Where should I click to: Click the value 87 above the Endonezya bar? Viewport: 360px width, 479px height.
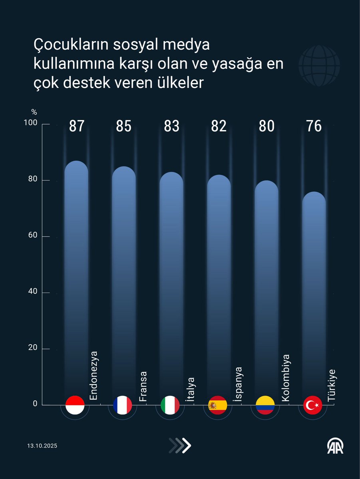click(76, 126)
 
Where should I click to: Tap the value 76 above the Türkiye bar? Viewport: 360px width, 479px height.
click(314, 126)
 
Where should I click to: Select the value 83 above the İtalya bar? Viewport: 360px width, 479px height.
click(171, 126)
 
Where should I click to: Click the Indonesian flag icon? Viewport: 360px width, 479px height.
click(75, 405)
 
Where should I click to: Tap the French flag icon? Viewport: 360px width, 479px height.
click(122, 405)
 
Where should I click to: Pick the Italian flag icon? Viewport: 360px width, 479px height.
click(170, 405)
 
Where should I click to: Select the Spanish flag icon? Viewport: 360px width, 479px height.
click(218, 405)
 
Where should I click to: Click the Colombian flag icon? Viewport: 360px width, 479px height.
click(265, 405)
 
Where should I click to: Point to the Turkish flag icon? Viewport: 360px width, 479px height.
click(313, 405)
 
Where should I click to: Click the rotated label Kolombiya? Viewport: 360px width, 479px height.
click(285, 378)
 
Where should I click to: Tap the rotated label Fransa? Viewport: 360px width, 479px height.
click(143, 386)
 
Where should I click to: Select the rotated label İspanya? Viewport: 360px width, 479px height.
click(238, 384)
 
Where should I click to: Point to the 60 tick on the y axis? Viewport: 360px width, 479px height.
click(32, 236)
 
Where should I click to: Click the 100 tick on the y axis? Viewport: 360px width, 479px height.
click(31, 124)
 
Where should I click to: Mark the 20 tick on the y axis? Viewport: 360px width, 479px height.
click(32, 348)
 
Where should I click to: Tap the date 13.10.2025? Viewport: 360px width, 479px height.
click(42, 446)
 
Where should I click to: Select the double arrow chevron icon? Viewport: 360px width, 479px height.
click(180, 445)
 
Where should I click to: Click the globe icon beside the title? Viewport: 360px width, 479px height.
click(319, 65)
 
